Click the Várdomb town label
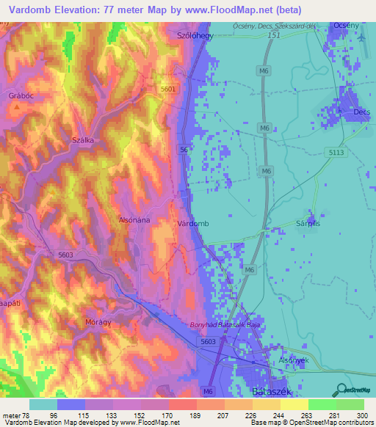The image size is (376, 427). click(194, 223)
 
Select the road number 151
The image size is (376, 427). click(274, 34)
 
